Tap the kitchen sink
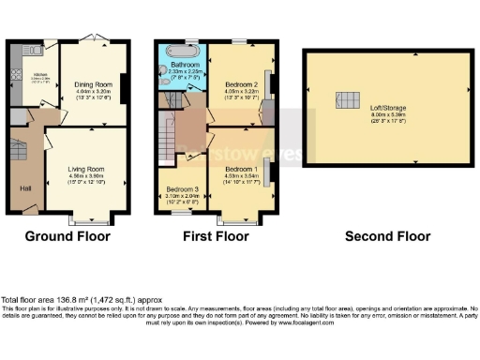pos(14,75)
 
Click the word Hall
pos(25,187)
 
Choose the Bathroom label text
pos(184,64)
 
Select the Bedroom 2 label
pos(241,82)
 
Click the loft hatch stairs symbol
pos(348,101)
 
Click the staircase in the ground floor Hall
pos(19,147)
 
